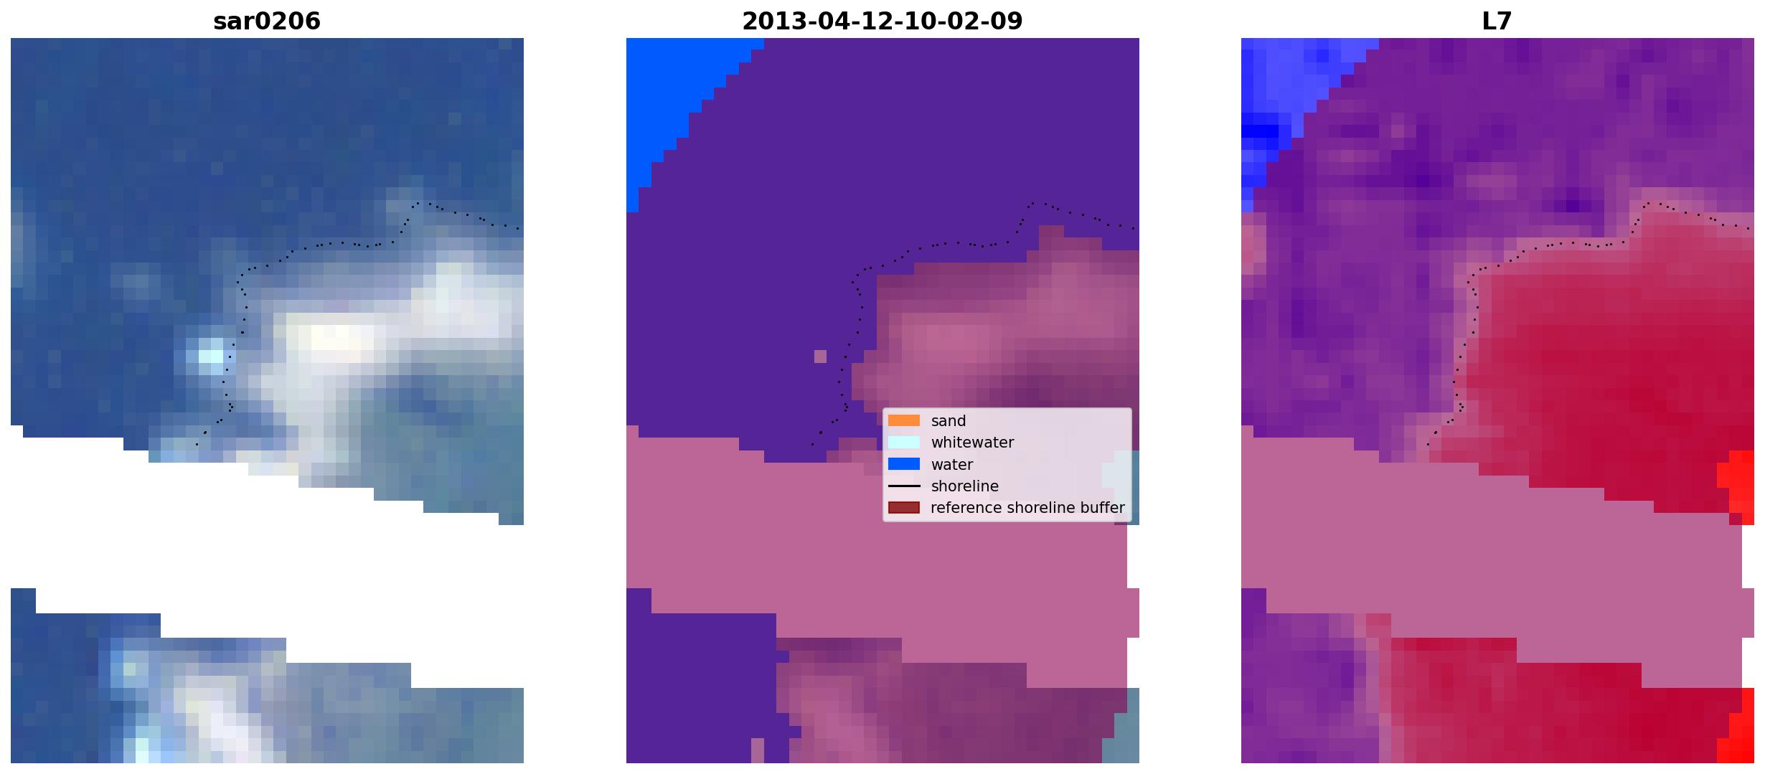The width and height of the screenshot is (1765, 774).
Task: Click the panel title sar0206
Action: [x=267, y=21]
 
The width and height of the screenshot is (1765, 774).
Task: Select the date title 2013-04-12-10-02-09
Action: [x=882, y=21]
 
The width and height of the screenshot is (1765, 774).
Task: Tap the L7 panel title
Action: [x=1497, y=21]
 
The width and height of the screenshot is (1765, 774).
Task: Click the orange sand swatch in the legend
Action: [x=903, y=420]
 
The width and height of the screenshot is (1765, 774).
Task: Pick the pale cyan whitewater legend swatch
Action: [x=903, y=442]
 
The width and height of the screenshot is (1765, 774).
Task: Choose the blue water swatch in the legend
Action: [x=903, y=464]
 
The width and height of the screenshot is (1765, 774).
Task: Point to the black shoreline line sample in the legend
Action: [x=903, y=486]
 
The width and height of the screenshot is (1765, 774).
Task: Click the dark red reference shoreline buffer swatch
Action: [x=903, y=508]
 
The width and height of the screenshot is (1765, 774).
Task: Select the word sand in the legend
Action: [x=948, y=421]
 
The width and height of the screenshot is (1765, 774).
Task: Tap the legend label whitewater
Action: [x=972, y=443]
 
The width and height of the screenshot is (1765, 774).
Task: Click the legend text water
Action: [x=951, y=465]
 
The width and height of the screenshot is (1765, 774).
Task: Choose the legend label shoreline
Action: [x=964, y=486]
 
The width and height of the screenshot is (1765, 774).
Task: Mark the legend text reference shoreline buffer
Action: [x=1027, y=508]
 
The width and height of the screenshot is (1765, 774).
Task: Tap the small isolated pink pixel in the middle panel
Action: [x=820, y=356]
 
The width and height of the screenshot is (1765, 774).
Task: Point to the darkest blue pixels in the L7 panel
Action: [x=1260, y=131]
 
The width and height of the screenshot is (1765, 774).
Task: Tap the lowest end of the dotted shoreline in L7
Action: [x=1428, y=445]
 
